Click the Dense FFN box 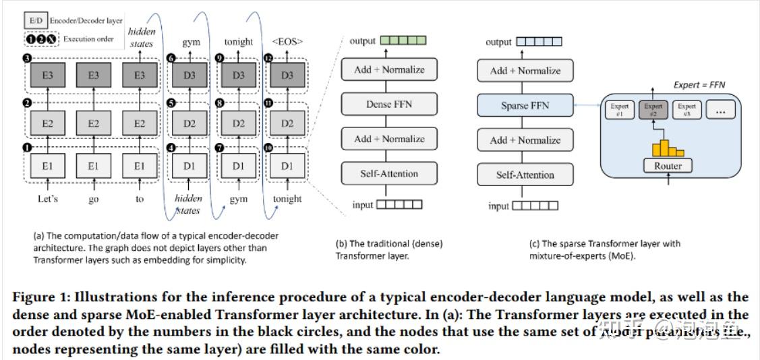[390, 104]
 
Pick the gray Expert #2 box [653, 110]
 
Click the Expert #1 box [620, 110]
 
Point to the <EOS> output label [288, 42]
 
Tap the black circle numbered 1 [26, 146]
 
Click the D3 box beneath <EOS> [288, 76]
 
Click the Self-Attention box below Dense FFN [390, 173]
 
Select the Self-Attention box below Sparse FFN [525, 175]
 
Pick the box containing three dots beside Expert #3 [720, 110]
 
